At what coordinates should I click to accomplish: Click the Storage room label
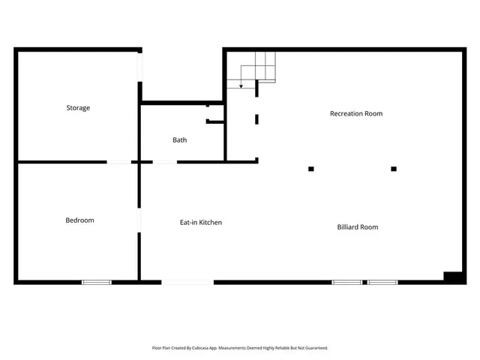coord(78,108)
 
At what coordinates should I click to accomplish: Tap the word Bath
coord(180,140)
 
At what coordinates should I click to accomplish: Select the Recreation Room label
coord(356,114)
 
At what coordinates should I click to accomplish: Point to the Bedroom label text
coord(79,220)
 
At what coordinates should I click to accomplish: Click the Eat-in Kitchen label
coord(200,223)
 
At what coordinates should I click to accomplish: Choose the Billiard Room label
coord(357,227)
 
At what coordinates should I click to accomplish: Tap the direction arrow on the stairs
coord(241,85)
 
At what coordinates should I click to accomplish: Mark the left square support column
coord(311,169)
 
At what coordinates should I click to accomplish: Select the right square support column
coord(394,169)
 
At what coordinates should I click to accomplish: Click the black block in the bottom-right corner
coord(454,277)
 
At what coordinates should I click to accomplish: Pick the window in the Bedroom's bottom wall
coord(97,282)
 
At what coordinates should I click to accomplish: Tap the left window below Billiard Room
coord(346,282)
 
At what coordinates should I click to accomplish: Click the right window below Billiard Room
coord(382,282)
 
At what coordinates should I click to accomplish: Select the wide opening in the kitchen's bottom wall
coord(187,282)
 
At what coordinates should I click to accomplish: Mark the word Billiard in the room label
coord(347,227)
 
